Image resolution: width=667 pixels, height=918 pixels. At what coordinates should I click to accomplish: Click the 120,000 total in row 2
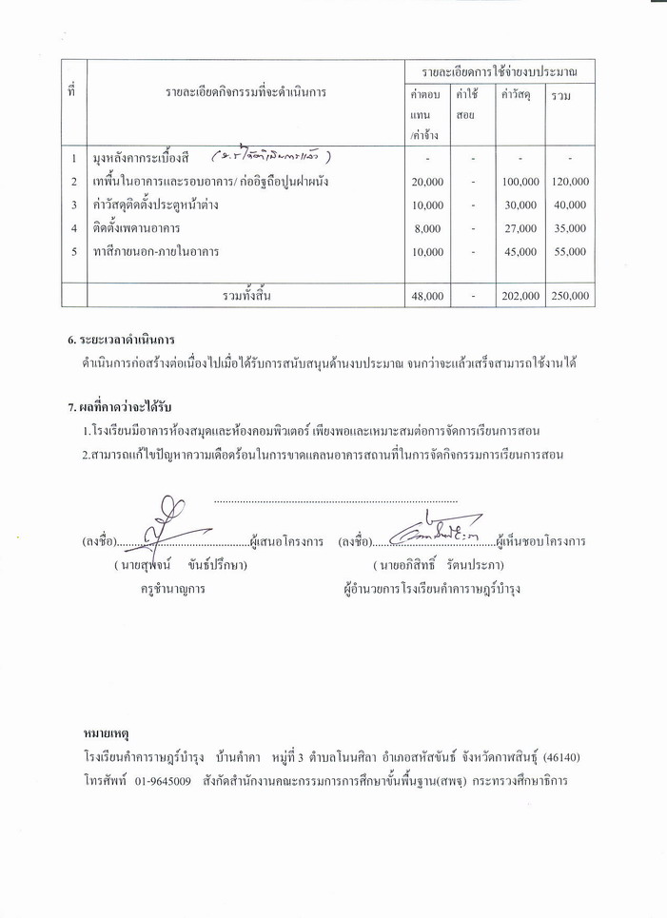[570, 182]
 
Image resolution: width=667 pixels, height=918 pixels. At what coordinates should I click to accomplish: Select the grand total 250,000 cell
[570, 297]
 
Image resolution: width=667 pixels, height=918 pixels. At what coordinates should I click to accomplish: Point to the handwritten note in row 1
[271, 156]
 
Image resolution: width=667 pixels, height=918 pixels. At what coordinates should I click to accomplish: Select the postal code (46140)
[559, 757]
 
